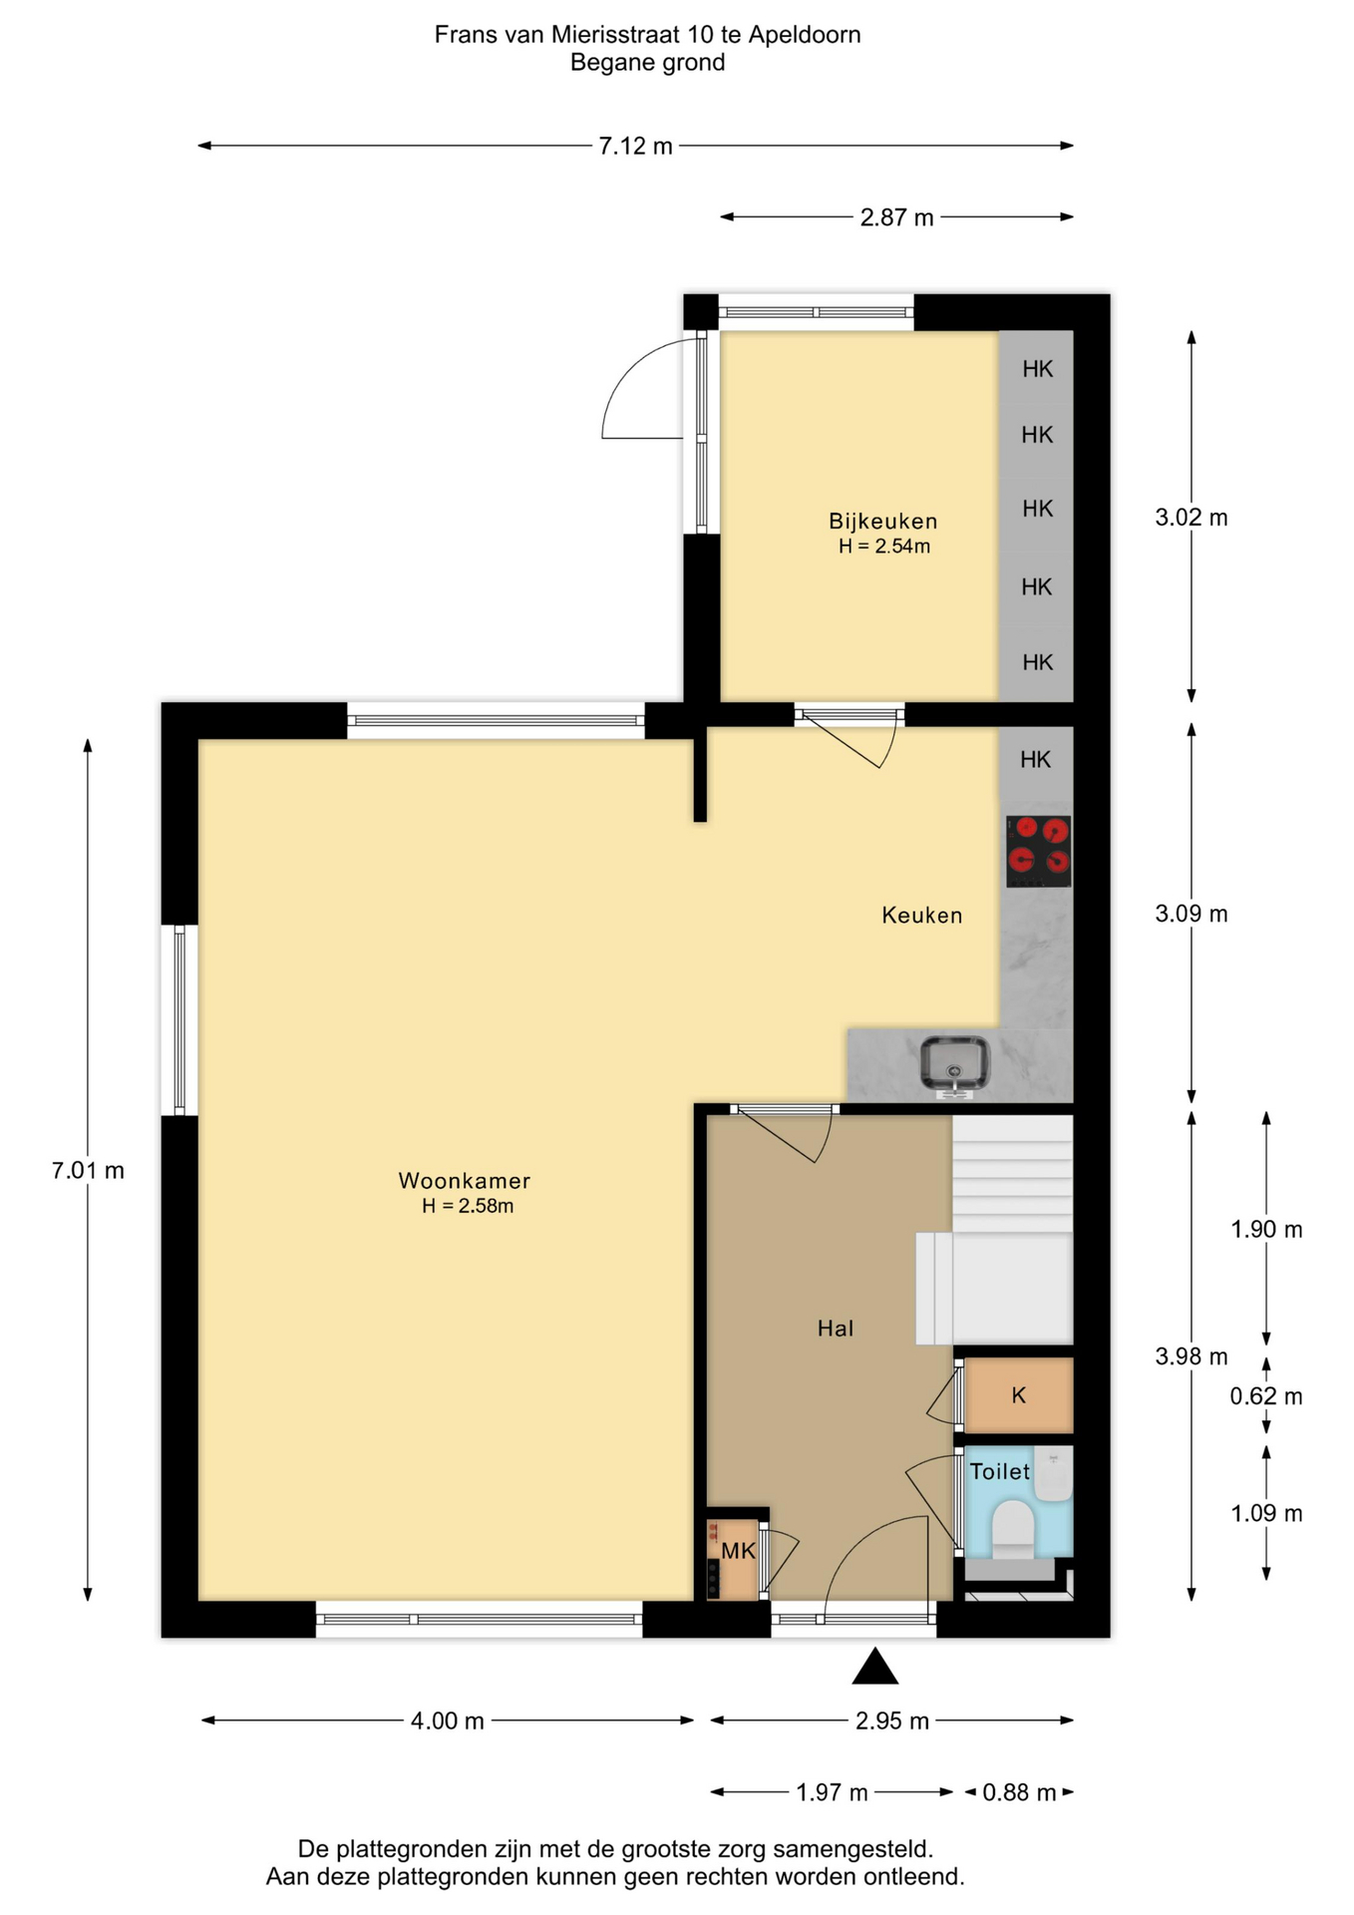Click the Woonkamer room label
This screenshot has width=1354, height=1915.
click(x=465, y=1181)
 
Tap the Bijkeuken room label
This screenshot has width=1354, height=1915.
click(x=883, y=521)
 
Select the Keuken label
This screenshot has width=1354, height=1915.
click(x=922, y=916)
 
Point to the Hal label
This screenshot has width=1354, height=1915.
click(x=836, y=1329)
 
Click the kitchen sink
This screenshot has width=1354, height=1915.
click(x=954, y=1065)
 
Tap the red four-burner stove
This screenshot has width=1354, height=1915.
click(x=1038, y=852)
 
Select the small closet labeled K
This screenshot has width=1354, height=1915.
click(x=1018, y=1395)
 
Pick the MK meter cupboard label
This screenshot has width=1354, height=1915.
click(x=738, y=1551)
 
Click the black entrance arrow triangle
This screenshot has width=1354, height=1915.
click(x=875, y=1667)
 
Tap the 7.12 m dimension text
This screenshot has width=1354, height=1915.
click(x=635, y=147)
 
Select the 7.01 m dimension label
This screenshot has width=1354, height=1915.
click(x=88, y=1171)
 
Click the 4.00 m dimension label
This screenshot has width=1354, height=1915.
click(x=448, y=1722)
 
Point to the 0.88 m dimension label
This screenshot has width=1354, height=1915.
click(x=1019, y=1793)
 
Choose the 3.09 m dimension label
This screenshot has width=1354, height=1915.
click(x=1191, y=915)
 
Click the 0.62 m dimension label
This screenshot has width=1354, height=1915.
click(x=1266, y=1396)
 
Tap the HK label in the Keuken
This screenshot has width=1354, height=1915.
click(x=1036, y=760)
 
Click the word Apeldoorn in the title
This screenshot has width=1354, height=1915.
click(x=805, y=35)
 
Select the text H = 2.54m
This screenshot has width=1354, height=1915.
click(x=884, y=547)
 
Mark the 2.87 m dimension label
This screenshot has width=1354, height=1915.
click(x=897, y=218)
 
